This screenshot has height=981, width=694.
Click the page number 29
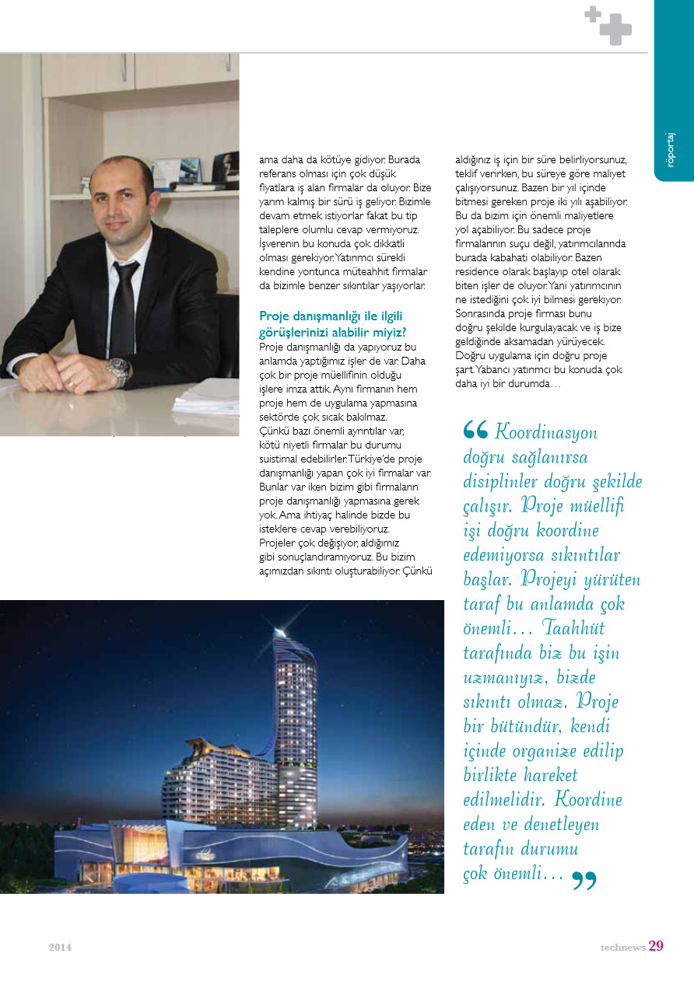point(656,946)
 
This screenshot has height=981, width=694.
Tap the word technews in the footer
point(622,948)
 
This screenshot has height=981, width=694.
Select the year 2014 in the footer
point(60,948)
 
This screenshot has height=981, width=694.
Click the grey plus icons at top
point(608,25)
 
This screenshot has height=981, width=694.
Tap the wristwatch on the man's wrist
point(117,370)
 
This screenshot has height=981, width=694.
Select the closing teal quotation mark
point(584,881)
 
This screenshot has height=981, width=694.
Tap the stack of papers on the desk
point(206,396)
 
